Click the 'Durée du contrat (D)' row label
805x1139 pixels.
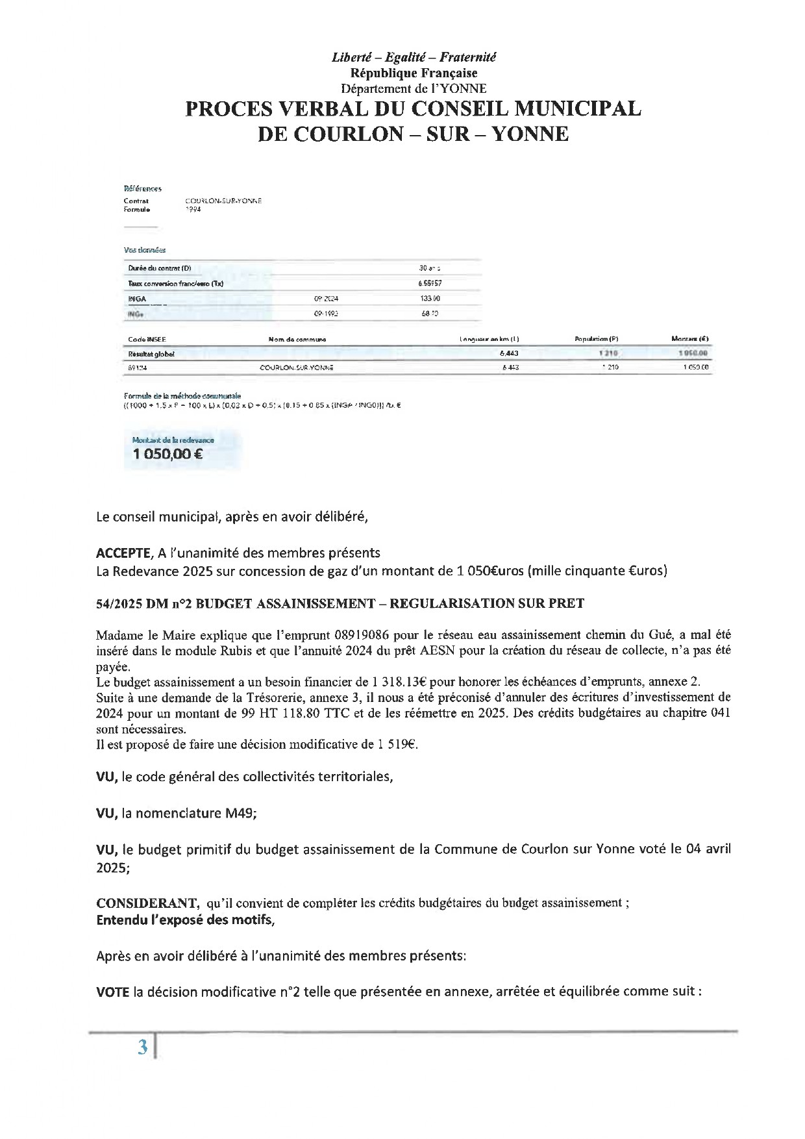(159, 268)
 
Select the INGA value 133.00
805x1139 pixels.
(430, 299)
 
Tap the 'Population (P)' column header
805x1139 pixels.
(596, 339)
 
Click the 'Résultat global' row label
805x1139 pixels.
(151, 354)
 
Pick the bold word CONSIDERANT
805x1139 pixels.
(147, 903)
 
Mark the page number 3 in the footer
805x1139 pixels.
(143, 1047)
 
